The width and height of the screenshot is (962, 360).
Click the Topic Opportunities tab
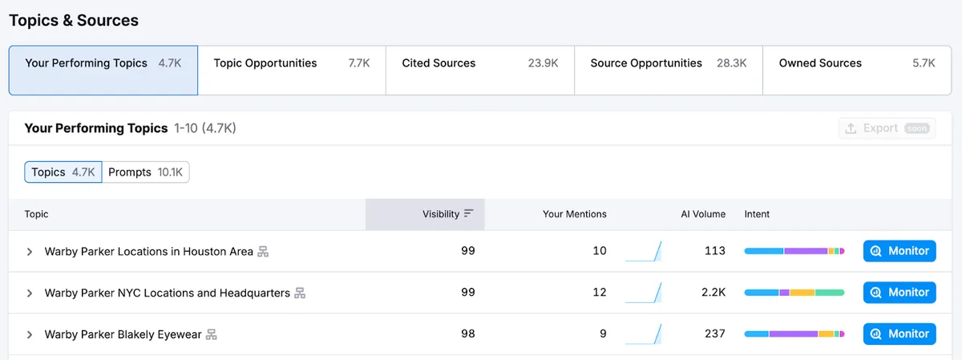pos(292,70)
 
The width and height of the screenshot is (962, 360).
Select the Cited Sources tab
pos(479,70)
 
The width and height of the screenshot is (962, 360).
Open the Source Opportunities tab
pos(669,70)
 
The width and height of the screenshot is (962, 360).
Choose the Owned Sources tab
pos(857,70)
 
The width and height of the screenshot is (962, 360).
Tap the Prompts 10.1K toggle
pos(146,172)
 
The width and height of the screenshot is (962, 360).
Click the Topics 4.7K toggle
pos(63,172)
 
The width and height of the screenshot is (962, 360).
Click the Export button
pos(887,128)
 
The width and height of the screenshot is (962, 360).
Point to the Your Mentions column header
pos(574,214)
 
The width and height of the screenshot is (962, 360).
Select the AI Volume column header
pos(703,214)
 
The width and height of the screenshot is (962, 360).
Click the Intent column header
pos(757,214)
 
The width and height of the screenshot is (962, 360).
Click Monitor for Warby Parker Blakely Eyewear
pos(899,334)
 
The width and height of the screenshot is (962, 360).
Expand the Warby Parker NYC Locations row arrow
pos(29,293)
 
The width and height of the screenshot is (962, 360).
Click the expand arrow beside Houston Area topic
pos(29,252)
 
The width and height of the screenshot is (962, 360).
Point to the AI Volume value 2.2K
pos(713,292)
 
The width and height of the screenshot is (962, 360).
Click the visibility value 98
pos(468,334)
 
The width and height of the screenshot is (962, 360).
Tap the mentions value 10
pos(600,250)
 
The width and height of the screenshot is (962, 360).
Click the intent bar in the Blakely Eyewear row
pos(794,334)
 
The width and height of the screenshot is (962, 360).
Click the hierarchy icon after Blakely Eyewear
pos(212,334)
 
